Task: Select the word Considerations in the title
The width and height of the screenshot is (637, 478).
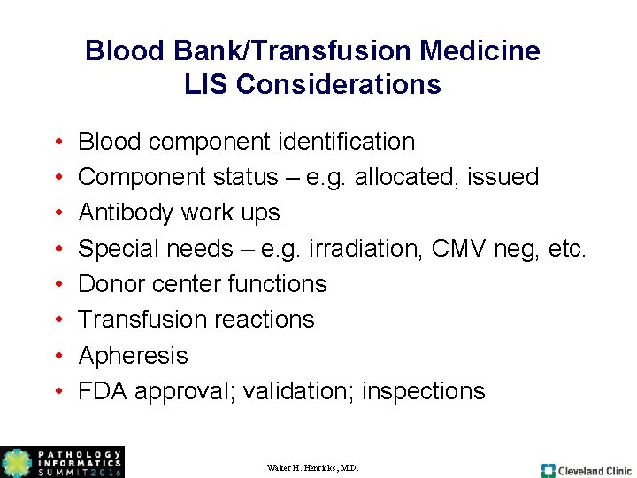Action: click(339, 84)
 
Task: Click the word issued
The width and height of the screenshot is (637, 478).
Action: click(504, 177)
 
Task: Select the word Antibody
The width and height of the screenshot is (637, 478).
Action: click(126, 212)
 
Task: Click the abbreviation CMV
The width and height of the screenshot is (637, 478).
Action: click(457, 249)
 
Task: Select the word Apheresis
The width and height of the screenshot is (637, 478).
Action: click(134, 356)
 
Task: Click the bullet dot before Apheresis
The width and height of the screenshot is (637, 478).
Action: click(57, 356)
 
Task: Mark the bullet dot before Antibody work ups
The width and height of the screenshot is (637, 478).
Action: click(57, 213)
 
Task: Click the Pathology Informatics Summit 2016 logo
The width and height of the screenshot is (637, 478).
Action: click(62, 462)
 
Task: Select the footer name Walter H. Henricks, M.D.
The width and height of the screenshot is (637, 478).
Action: click(312, 467)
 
